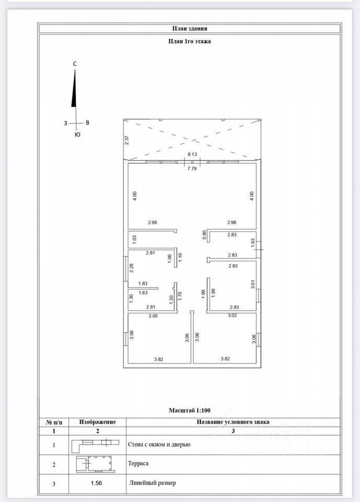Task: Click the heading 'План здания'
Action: (189, 29)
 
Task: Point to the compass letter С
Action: (75, 64)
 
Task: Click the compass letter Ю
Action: (77, 135)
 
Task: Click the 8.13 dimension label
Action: (192, 154)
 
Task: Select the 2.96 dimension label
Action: (153, 222)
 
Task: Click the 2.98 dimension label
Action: (232, 222)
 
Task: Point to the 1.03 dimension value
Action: (134, 239)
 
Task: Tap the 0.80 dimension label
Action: (205, 235)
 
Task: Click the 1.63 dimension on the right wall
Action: (252, 242)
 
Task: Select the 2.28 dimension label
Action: (132, 267)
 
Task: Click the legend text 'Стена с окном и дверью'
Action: (159, 444)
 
